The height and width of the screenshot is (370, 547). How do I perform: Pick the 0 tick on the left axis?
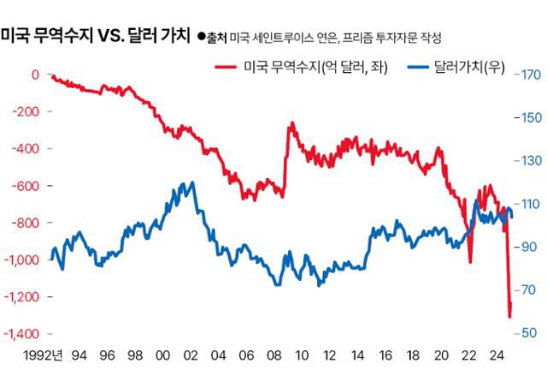click(x=35, y=75)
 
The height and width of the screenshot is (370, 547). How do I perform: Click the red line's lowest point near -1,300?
click(x=510, y=317)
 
